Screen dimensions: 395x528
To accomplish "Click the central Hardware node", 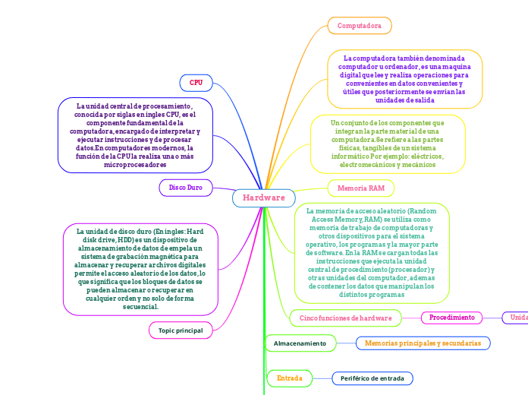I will pos(263,198).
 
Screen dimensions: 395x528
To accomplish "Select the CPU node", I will pos(196,82).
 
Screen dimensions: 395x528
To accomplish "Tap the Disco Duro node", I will pos(185,187).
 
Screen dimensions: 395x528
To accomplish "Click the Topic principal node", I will pos(181,330).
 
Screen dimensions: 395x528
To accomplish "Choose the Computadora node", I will pos(360,26).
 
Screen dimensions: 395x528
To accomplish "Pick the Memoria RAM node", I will pos(360,188).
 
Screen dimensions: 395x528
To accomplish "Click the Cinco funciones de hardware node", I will pos(345,318).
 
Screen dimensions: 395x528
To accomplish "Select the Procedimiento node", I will pos(452,318).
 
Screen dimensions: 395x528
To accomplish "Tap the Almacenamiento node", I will pos(300,344).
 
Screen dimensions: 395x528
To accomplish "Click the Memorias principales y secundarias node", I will pos(423,343).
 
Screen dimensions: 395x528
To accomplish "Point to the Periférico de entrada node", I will pos(372,378).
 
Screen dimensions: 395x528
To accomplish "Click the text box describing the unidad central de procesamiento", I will pos(135,135).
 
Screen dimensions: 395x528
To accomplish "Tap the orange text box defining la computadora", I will pos(404,79).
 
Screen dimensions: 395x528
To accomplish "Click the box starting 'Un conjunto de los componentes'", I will pos(387,143).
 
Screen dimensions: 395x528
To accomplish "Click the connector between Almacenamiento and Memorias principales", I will pos(346,344).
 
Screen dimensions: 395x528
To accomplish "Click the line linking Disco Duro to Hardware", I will pos(225,190).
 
